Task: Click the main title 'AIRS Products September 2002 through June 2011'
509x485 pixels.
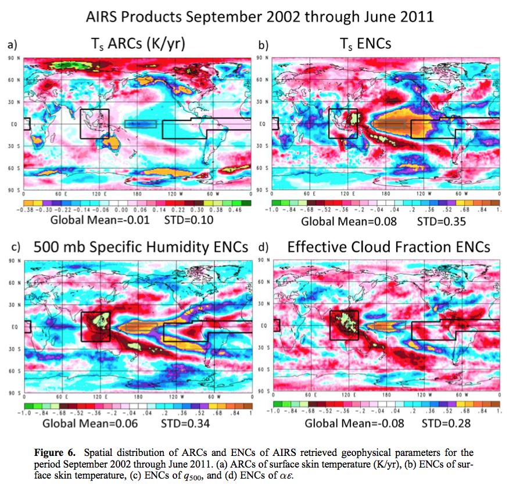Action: click(259, 16)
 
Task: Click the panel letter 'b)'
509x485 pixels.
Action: click(263, 44)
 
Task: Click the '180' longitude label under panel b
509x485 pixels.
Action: click(385, 193)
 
